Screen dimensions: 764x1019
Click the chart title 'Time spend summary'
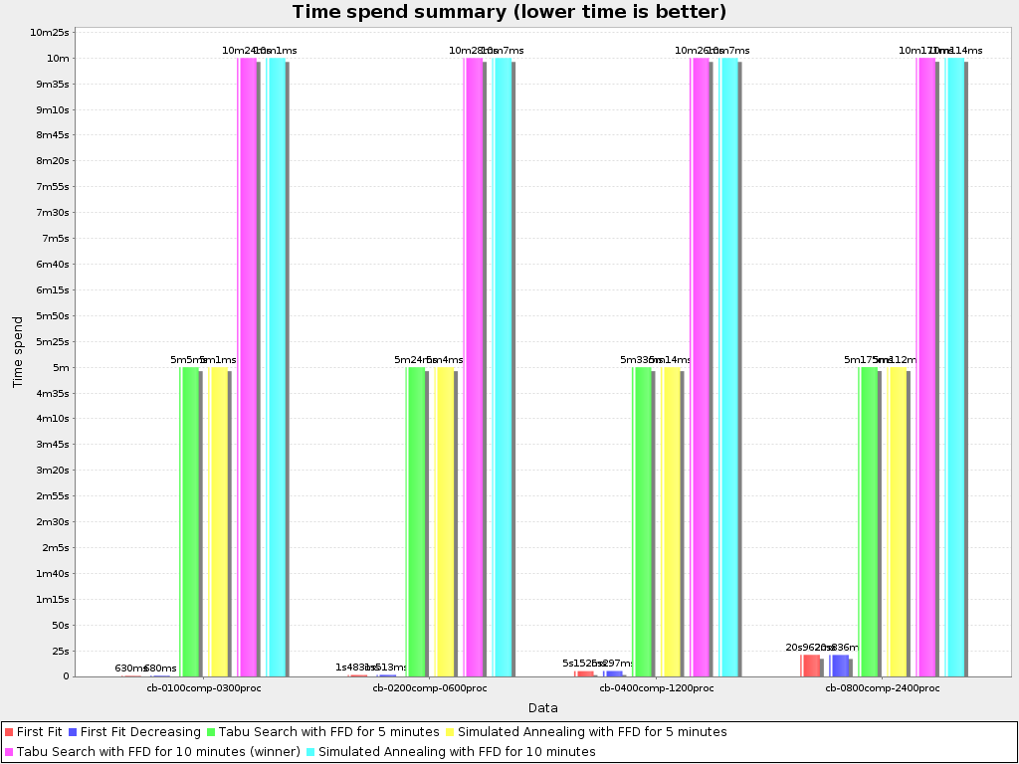[x=509, y=12]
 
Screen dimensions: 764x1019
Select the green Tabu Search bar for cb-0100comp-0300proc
[x=189, y=522]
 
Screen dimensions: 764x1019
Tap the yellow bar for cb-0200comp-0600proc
[x=445, y=522]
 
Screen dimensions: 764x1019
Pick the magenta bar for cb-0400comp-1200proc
[x=700, y=368]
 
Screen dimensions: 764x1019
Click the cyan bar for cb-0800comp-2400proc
[x=955, y=368]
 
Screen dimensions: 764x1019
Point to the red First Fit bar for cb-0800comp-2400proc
[x=811, y=666]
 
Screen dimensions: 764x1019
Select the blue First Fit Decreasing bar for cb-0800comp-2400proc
[x=840, y=666]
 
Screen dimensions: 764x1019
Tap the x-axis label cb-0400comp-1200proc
[x=657, y=688]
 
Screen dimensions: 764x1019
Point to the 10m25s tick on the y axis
[x=50, y=33]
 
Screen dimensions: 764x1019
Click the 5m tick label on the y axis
[x=62, y=368]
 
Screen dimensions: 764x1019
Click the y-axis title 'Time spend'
[x=18, y=352]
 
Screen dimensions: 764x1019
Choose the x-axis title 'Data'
[x=542, y=708]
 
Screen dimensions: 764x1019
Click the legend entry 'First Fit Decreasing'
[x=140, y=732]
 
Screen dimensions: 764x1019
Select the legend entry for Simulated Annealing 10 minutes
[x=456, y=752]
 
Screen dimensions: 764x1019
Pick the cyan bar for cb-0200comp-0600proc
[x=503, y=368]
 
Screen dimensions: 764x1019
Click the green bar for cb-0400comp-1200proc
[x=643, y=522]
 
